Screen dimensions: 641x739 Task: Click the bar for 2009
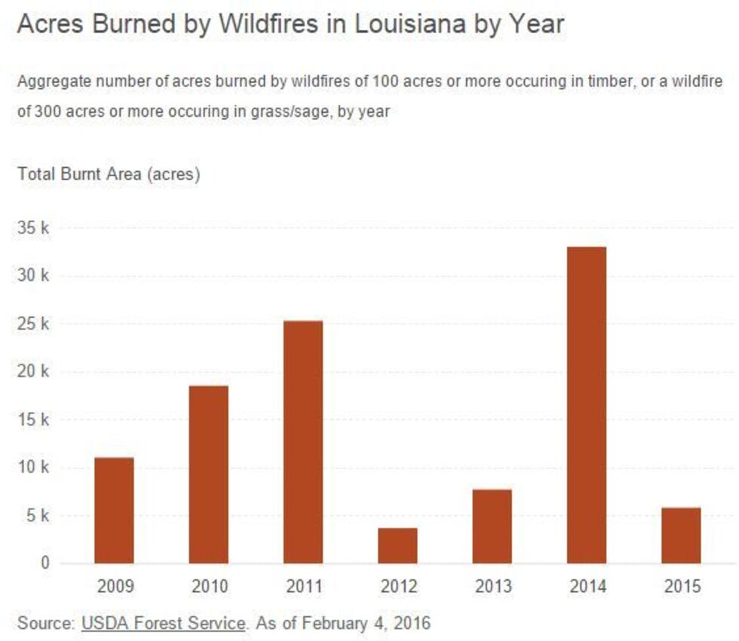(114, 510)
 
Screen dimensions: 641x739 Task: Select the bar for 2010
(209, 475)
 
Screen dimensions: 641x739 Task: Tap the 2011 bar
(303, 442)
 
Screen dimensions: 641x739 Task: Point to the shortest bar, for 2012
(397, 545)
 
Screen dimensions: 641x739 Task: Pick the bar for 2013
(492, 527)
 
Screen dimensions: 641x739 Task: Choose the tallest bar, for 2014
(587, 405)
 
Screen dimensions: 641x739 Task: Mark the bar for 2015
(681, 536)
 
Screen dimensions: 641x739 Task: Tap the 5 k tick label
(36, 516)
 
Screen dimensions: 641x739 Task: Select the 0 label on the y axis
(45, 563)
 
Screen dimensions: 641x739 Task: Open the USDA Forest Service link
(163, 624)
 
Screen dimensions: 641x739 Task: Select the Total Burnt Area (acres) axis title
(109, 175)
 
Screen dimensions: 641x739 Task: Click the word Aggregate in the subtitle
(48, 81)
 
